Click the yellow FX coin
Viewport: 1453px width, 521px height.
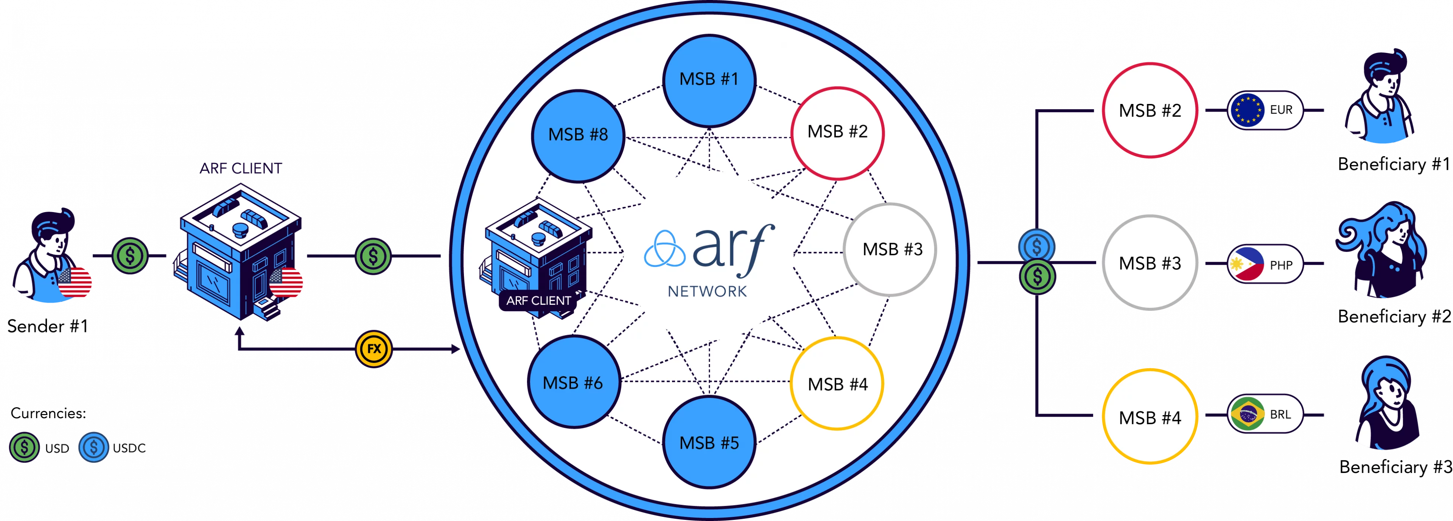click(374, 349)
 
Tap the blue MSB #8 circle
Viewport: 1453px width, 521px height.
click(578, 135)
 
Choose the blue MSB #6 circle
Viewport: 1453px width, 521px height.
click(574, 382)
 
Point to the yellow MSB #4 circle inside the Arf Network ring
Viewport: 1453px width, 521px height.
click(837, 383)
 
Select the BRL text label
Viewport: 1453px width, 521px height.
click(1280, 414)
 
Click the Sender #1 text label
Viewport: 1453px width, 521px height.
click(48, 326)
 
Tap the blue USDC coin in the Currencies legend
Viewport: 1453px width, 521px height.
click(93, 448)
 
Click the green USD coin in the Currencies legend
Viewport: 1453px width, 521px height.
click(24, 448)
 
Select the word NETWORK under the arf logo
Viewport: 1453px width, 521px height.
click(707, 292)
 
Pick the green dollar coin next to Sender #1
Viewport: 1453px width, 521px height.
click(130, 256)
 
